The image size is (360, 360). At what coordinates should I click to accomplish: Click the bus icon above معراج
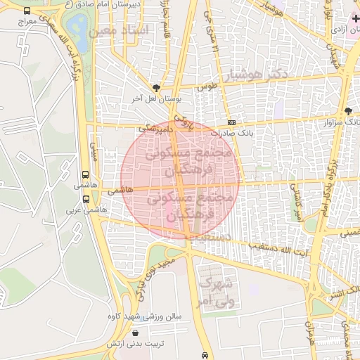coord(27,12)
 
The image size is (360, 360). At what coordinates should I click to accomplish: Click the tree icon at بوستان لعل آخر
coord(155,89)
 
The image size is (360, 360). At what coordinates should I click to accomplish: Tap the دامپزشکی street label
coord(156,129)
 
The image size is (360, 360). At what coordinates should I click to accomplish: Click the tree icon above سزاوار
coord(347,110)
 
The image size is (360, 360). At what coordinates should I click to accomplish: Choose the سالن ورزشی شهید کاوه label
coord(149,316)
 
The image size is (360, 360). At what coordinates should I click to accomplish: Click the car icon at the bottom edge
coord(204,354)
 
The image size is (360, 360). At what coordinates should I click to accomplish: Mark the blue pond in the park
coord(79,32)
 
